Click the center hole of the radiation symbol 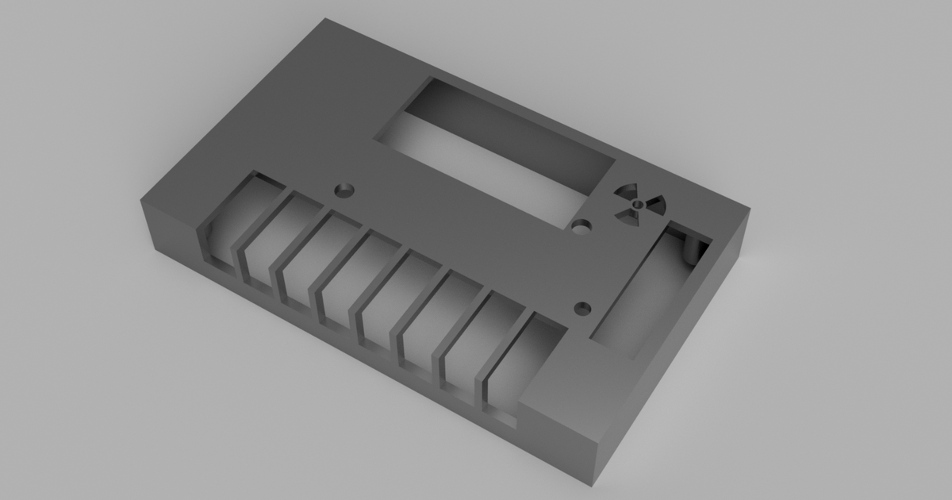(636, 204)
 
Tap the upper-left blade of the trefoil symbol (625, 193)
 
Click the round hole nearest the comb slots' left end (344, 190)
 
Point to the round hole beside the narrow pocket (584, 307)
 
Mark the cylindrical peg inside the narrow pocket (697, 249)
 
